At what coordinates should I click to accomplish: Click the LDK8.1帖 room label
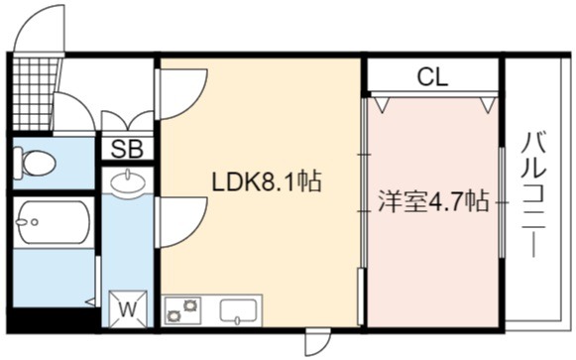point(267,181)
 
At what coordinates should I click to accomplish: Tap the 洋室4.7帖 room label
point(433,201)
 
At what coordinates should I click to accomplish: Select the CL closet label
point(432,77)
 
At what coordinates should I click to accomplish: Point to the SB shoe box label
point(127,149)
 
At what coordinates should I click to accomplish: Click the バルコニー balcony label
point(533,195)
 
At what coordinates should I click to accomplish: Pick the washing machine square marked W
point(128,308)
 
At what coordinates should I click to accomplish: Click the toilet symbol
point(34,162)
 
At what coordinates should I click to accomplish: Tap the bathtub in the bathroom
point(54,222)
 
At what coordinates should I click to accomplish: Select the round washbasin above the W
point(128,181)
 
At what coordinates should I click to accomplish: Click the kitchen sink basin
point(238,310)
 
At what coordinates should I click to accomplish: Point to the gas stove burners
point(183,310)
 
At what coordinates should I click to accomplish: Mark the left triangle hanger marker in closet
point(382,104)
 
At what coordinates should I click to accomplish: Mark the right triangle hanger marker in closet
point(488,104)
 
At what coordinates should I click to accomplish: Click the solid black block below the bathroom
point(54,319)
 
